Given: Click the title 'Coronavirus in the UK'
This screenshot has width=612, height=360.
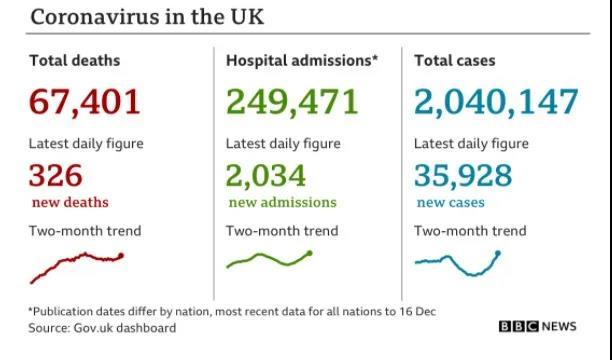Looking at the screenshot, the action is pyautogui.click(x=147, y=17).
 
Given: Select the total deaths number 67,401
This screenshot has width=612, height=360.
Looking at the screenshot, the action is pyautogui.click(x=84, y=102).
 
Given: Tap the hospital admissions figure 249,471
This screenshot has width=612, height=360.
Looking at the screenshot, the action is pyautogui.click(x=292, y=102).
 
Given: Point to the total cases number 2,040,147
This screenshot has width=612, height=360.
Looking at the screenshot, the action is pyautogui.click(x=496, y=102).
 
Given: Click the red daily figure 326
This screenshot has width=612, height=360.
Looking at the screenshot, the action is pyautogui.click(x=56, y=175).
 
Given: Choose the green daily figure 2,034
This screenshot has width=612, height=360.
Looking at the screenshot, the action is pyautogui.click(x=266, y=176).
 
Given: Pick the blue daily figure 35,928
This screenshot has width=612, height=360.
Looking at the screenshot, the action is pyautogui.click(x=463, y=176).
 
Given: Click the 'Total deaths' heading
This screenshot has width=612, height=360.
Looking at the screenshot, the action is pyautogui.click(x=75, y=61).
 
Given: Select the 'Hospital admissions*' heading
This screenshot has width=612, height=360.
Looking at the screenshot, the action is pyautogui.click(x=302, y=61).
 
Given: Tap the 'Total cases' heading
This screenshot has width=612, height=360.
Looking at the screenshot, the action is pyautogui.click(x=455, y=61).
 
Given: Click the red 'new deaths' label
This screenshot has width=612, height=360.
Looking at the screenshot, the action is pyautogui.click(x=70, y=202).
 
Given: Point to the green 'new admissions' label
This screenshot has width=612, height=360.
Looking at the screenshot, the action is pyautogui.click(x=283, y=202).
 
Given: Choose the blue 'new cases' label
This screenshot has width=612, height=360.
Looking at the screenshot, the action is pyautogui.click(x=451, y=202).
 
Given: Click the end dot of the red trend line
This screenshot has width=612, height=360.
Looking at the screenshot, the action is pyautogui.click(x=121, y=256).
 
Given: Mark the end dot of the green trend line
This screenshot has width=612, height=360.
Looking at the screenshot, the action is pyautogui.click(x=310, y=253).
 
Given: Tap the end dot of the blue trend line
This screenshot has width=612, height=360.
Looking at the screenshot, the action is pyautogui.click(x=498, y=253).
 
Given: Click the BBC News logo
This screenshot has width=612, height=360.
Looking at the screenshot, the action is pyautogui.click(x=537, y=326).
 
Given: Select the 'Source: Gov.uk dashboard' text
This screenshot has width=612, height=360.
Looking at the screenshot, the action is pyautogui.click(x=102, y=328).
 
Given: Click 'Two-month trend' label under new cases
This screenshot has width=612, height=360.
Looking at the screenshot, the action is pyautogui.click(x=470, y=231).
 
